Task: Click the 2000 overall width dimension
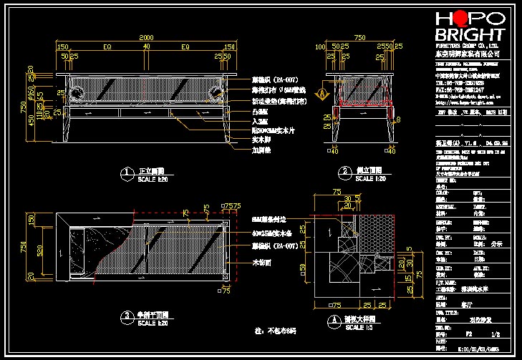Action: pyautogui.click(x=146, y=37)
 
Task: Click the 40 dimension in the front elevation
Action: pyautogui.click(x=146, y=47)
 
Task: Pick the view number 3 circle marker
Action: pyautogui.click(x=126, y=316)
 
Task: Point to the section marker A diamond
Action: pyautogui.click(x=322, y=93)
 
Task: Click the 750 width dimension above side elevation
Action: pyautogui.click(x=359, y=37)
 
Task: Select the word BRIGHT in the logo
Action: pyautogui.click(x=470, y=35)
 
